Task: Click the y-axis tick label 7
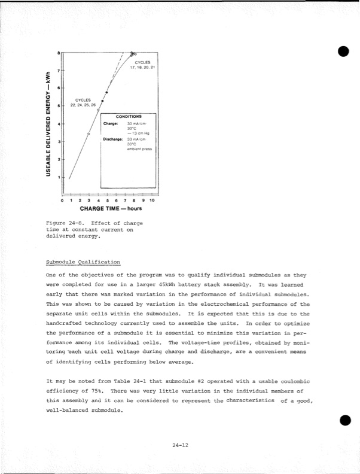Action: tap(58, 71)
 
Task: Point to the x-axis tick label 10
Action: tap(152, 201)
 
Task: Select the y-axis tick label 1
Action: tap(58, 178)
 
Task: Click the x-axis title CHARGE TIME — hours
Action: tap(110, 209)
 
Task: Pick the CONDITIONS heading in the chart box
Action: tap(129, 116)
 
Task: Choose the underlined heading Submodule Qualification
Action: tap(83, 262)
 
